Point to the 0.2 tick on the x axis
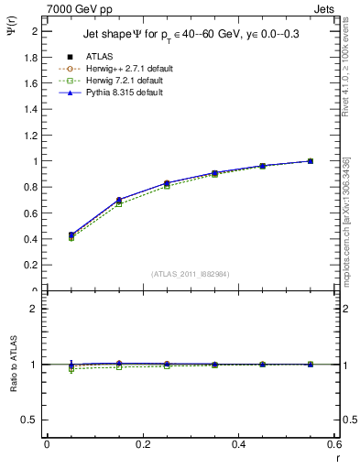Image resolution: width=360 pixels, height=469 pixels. (142, 445)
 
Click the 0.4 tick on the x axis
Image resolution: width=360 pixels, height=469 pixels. (238, 445)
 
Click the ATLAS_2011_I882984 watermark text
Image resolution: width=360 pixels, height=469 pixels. (191, 273)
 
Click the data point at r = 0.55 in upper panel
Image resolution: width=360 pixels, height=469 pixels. (311, 161)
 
